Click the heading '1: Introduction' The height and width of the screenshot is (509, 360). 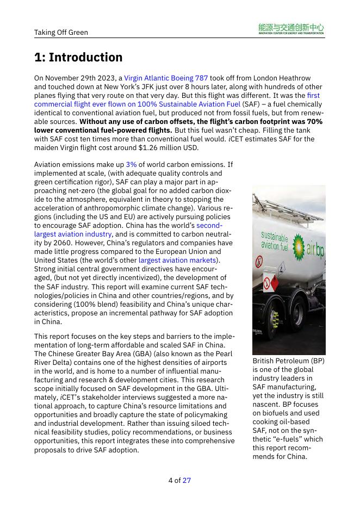[x=78, y=57]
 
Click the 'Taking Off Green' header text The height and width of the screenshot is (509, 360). [x=61, y=32]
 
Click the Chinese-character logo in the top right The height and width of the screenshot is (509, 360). [x=291, y=29]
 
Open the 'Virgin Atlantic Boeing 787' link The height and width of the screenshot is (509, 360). [x=166, y=78]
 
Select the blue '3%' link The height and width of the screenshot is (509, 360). [x=131, y=164]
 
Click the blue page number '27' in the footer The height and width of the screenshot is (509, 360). [x=187, y=480]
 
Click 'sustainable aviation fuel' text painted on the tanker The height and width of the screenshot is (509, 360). [x=274, y=240]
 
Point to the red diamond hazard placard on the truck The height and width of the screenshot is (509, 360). [x=268, y=283]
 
